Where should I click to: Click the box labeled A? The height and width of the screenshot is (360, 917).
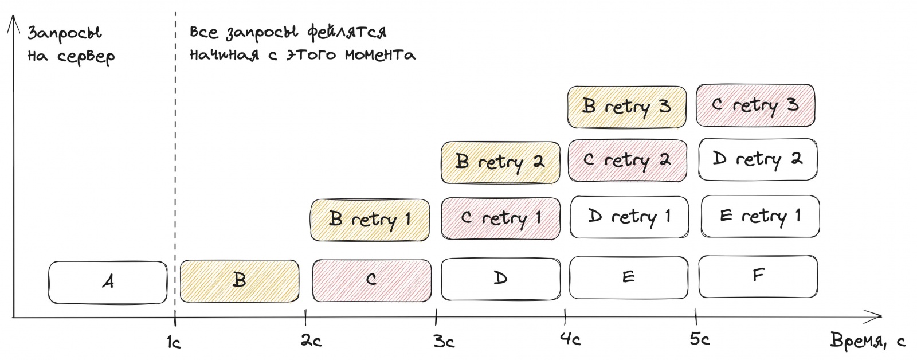(x=108, y=281)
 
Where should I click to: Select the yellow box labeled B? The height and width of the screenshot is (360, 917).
(x=240, y=280)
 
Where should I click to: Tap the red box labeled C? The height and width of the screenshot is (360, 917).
(x=371, y=280)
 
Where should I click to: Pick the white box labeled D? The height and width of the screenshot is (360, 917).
(x=500, y=279)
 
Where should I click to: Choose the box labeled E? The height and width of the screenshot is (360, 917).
(x=629, y=277)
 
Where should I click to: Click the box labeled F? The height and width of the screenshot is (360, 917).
(x=758, y=276)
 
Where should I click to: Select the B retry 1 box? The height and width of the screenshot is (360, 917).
(x=370, y=220)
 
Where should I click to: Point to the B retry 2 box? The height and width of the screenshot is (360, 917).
(x=500, y=162)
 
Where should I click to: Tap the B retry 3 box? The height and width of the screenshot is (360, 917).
(x=627, y=107)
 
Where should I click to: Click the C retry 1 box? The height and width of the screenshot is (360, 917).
(x=500, y=218)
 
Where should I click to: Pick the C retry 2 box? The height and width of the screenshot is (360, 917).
(x=627, y=161)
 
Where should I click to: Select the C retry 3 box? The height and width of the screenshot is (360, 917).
(x=755, y=105)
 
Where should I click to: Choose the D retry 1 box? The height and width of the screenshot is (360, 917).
(x=629, y=217)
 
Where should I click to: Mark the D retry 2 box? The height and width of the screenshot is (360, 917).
(x=758, y=159)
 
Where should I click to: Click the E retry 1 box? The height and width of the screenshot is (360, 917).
(x=759, y=217)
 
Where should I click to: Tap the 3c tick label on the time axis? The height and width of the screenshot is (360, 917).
(x=444, y=342)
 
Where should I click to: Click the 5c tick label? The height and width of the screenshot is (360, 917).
(x=699, y=340)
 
